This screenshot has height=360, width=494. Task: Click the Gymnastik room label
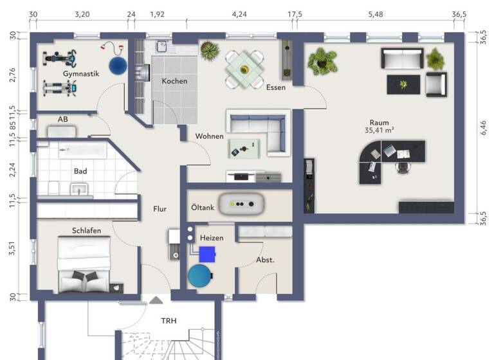tap(81, 74)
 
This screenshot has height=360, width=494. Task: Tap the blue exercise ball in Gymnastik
tap(118, 66)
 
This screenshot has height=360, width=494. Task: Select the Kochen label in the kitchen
tap(174, 81)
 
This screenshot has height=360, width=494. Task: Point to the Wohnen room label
tap(210, 136)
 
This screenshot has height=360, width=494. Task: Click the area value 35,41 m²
tap(379, 130)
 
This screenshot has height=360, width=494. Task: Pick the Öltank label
tap(204, 208)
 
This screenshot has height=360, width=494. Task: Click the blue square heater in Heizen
tap(206, 253)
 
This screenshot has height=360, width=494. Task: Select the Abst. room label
tap(266, 260)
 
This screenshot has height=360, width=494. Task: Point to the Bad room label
tap(80, 172)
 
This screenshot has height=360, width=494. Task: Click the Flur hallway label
tap(160, 208)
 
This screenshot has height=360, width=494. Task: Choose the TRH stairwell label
tap(169, 321)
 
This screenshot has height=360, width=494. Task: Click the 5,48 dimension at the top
tap(376, 14)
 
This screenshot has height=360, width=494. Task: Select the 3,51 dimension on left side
tap(12, 248)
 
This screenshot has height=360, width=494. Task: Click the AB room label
tap(63, 120)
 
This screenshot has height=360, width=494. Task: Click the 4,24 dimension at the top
tap(239, 14)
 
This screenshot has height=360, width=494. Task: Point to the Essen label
tap(275, 87)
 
